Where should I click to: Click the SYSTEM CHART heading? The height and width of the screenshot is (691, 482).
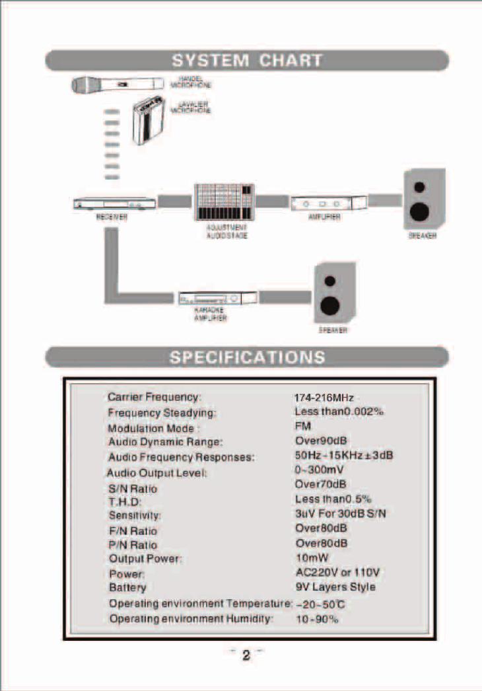tap(247, 61)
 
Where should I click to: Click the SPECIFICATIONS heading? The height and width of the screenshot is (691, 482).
tap(247, 357)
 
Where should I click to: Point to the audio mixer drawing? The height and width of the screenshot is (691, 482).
tap(224, 202)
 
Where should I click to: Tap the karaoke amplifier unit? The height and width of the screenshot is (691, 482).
tap(217, 298)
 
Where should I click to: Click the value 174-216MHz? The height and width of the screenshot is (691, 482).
tap(324, 398)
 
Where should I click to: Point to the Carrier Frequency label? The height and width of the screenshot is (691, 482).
tap(154, 398)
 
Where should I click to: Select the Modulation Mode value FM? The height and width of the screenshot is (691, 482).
tap(302, 427)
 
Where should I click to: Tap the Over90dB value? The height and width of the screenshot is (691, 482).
tap(321, 441)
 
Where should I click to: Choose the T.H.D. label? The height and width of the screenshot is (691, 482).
tap(125, 502)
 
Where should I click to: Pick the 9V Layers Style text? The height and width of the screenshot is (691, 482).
tap(335, 587)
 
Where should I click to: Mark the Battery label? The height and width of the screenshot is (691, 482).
tap(127, 587)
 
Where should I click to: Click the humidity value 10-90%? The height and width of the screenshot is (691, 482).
tap(317, 619)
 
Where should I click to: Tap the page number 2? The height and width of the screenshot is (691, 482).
tap(247, 656)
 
